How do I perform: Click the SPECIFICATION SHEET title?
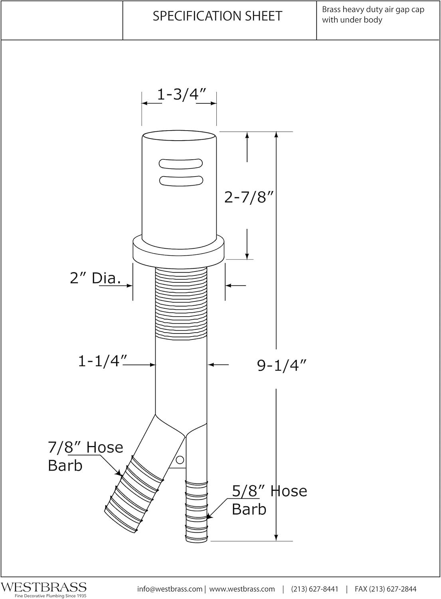(x=218, y=16)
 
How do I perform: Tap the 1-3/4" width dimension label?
(x=181, y=95)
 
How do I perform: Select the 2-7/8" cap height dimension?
(x=250, y=197)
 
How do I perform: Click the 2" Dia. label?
(x=95, y=278)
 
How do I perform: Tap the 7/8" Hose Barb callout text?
(x=85, y=456)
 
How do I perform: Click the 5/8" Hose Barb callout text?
(x=269, y=500)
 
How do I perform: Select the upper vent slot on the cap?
(x=180, y=163)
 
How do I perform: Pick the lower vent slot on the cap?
(x=180, y=180)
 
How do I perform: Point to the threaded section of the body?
(x=181, y=303)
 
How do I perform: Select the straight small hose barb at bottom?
(x=197, y=511)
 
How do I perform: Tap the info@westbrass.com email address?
(x=170, y=589)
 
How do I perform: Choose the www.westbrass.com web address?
(x=242, y=589)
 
